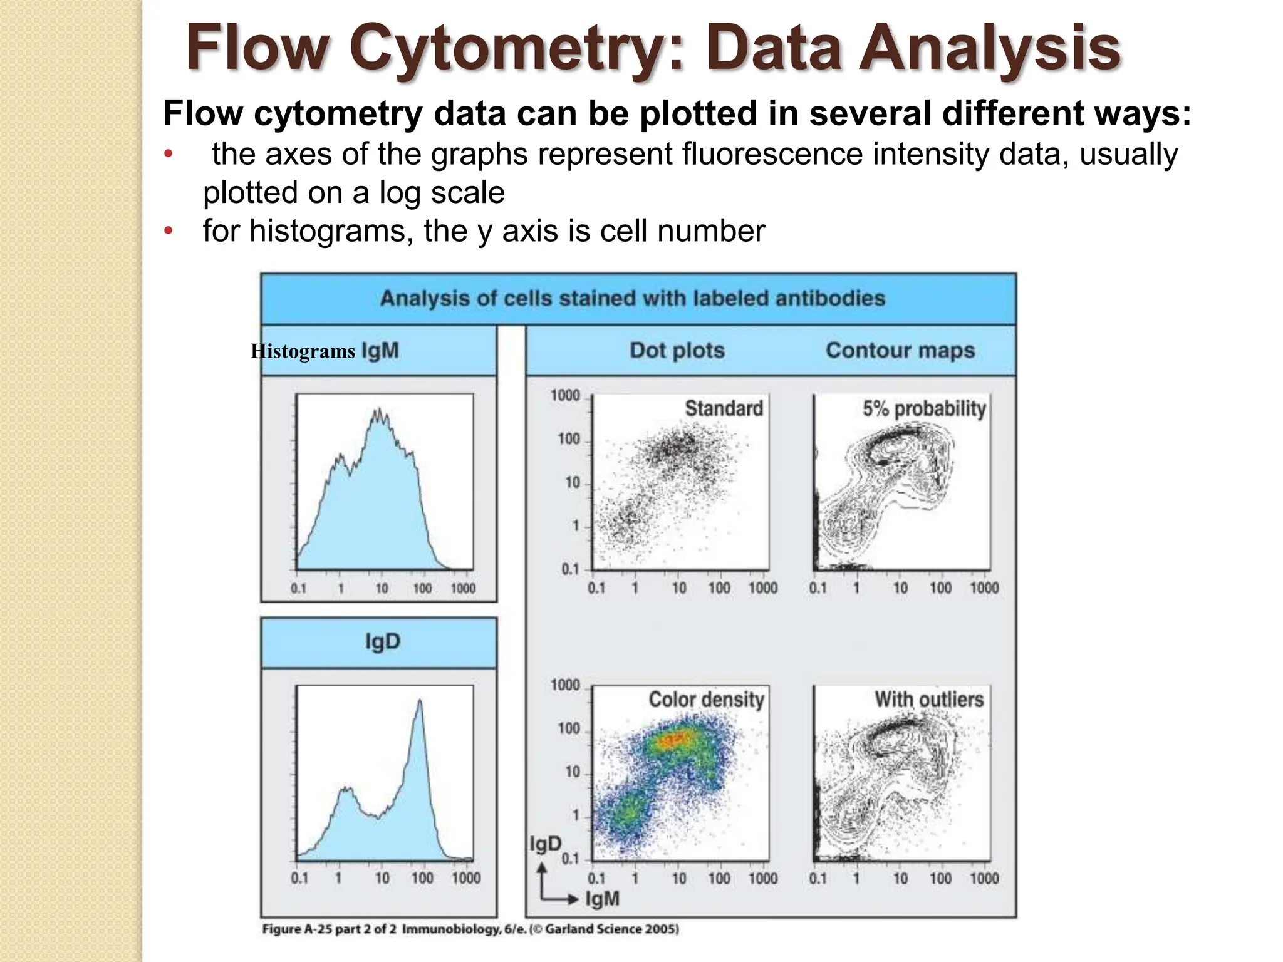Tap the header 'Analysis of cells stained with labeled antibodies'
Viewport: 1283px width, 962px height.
click(x=633, y=298)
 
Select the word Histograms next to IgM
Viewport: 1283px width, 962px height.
click(x=303, y=351)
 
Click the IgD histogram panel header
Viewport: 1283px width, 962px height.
click(x=382, y=642)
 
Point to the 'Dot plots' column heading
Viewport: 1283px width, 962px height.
click(x=677, y=350)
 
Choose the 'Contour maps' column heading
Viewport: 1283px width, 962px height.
click(x=900, y=350)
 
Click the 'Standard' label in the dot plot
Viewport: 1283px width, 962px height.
click(x=724, y=408)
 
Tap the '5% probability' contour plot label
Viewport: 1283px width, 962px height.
click(x=924, y=408)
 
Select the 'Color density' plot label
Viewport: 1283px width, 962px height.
click(x=706, y=700)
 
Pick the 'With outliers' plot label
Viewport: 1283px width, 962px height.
click(x=929, y=700)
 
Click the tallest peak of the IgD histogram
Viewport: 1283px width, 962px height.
click(x=420, y=701)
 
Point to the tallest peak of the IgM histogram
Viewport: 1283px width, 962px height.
click(x=378, y=411)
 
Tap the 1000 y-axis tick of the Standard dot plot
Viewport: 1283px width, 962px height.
click(x=565, y=396)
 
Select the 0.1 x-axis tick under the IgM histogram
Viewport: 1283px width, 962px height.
click(x=299, y=589)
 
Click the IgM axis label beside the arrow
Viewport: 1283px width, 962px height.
click(x=602, y=899)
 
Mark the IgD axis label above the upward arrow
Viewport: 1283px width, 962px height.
click(x=545, y=844)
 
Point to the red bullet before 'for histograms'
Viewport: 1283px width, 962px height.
click(x=167, y=232)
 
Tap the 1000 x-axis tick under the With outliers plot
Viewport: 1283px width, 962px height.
click(x=984, y=879)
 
